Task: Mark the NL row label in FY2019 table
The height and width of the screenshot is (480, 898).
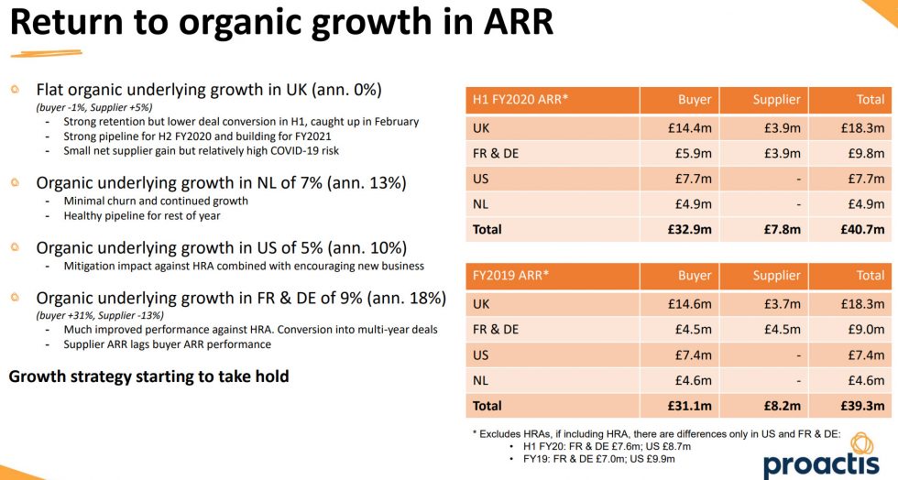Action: pyautogui.click(x=481, y=379)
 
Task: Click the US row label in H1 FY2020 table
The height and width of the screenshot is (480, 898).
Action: pyautogui.click(x=481, y=179)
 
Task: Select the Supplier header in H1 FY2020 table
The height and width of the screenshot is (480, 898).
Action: pyautogui.click(x=776, y=100)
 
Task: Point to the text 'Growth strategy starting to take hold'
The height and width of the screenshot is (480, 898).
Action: pyautogui.click(x=148, y=376)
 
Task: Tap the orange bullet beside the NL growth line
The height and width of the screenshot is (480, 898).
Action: pyautogui.click(x=15, y=182)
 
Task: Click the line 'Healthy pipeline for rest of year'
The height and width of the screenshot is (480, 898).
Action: pyautogui.click(x=142, y=215)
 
